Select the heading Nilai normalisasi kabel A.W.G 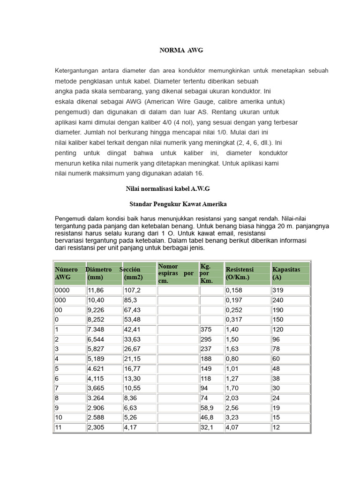pos(168,188)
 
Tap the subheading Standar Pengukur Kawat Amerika pos(178,204)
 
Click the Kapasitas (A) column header pos(286,273)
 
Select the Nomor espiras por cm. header pos(176,273)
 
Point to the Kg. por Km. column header pos(206,273)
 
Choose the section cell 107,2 pos(132,291)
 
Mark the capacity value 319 pos(278,291)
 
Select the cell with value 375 pos(206,330)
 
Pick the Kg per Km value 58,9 pos(207,408)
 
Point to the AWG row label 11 pos(59,427)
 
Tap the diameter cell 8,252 pos(97,320)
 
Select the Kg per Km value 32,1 pos(207,427)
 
